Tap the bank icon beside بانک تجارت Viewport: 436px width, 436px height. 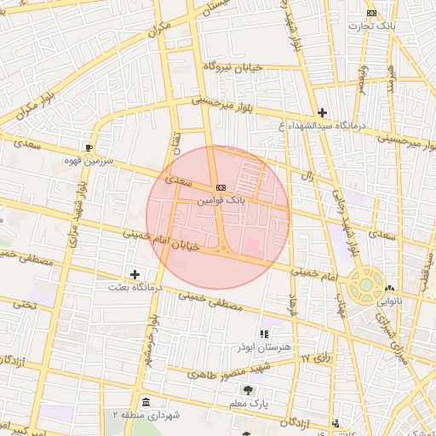[371, 13]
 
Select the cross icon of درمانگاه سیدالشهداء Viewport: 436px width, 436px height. [322, 112]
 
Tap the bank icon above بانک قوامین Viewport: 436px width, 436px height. [221, 187]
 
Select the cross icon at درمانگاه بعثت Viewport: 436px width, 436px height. [135, 274]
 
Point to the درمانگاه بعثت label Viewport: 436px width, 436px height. [130, 287]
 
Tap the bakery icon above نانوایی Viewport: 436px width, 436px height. [389, 289]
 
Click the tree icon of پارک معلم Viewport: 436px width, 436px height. [248, 389]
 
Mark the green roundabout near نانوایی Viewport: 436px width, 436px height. [364, 284]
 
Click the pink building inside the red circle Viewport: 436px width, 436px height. [252, 246]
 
